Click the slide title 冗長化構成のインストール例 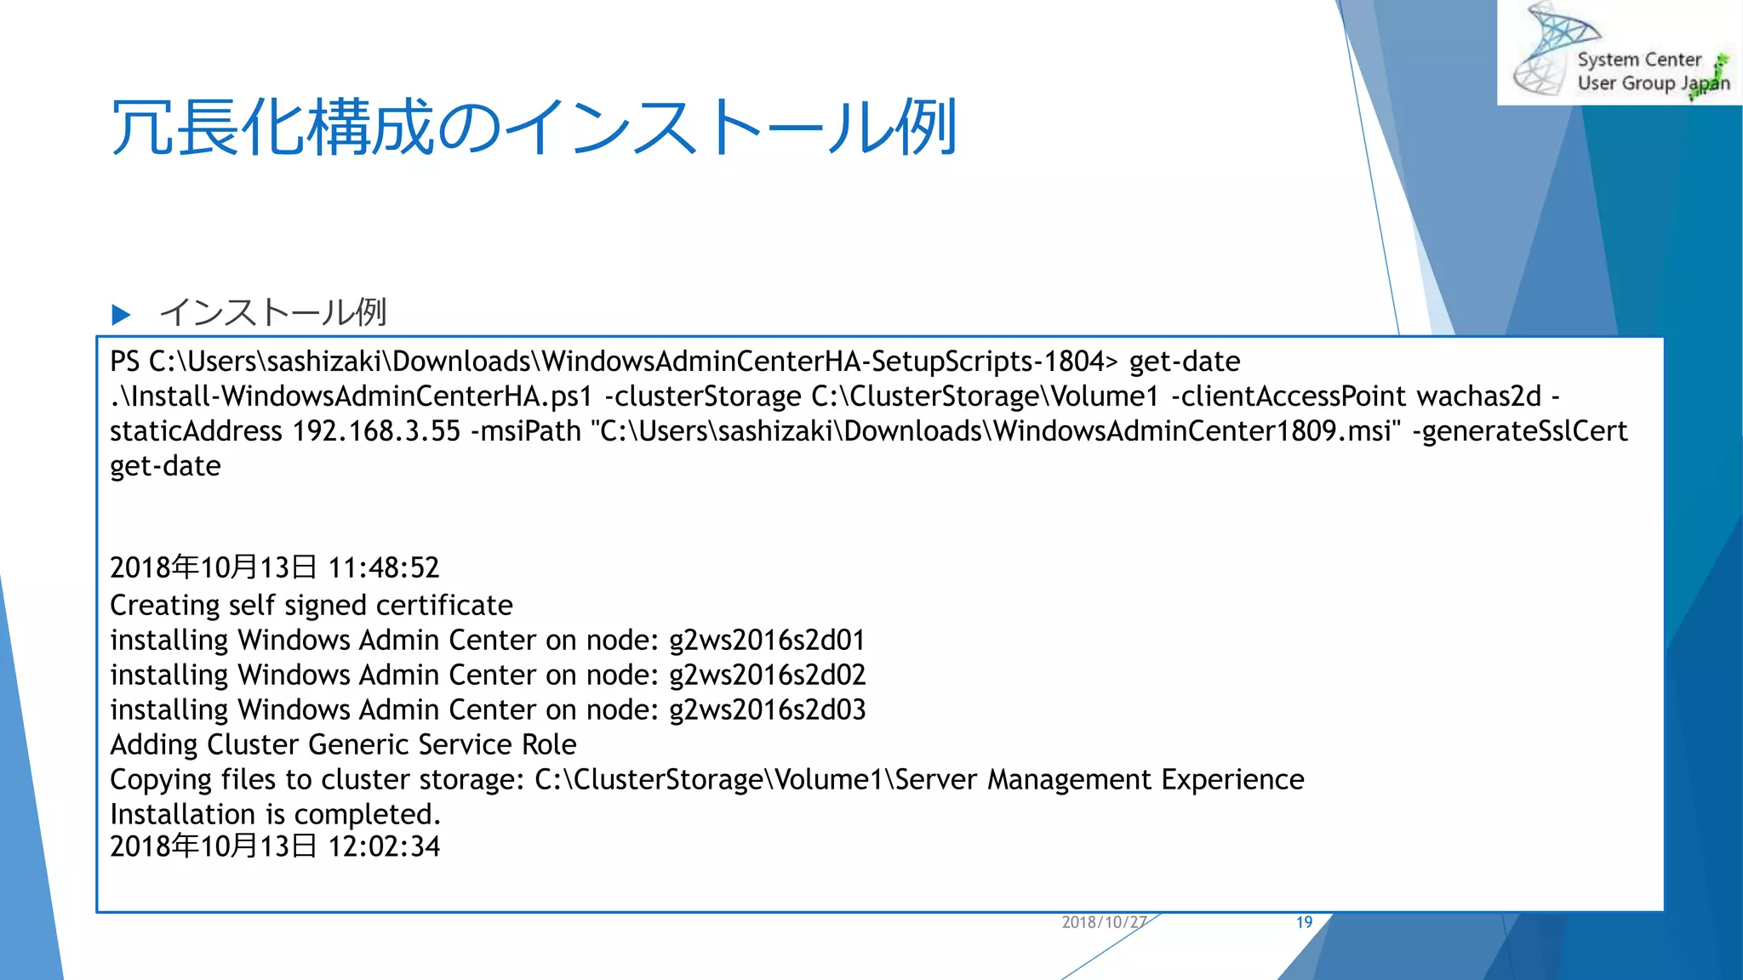pos(534,128)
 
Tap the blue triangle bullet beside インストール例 pos(121,315)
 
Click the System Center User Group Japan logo pos(1619,53)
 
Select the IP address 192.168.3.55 pos(376,431)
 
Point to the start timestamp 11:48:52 pos(384,567)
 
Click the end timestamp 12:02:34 pos(384,846)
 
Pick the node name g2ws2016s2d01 pos(767,640)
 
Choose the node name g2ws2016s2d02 pos(767,675)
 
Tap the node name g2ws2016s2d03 pos(767,709)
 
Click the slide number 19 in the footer pos(1304,922)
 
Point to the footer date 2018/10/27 pos(1104,922)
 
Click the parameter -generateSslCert pos(1519,431)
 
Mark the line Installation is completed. pos(275,814)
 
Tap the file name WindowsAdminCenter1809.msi pos(1192,431)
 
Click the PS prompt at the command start pos(124,362)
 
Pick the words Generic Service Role pos(442,744)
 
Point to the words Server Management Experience pos(1099,779)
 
